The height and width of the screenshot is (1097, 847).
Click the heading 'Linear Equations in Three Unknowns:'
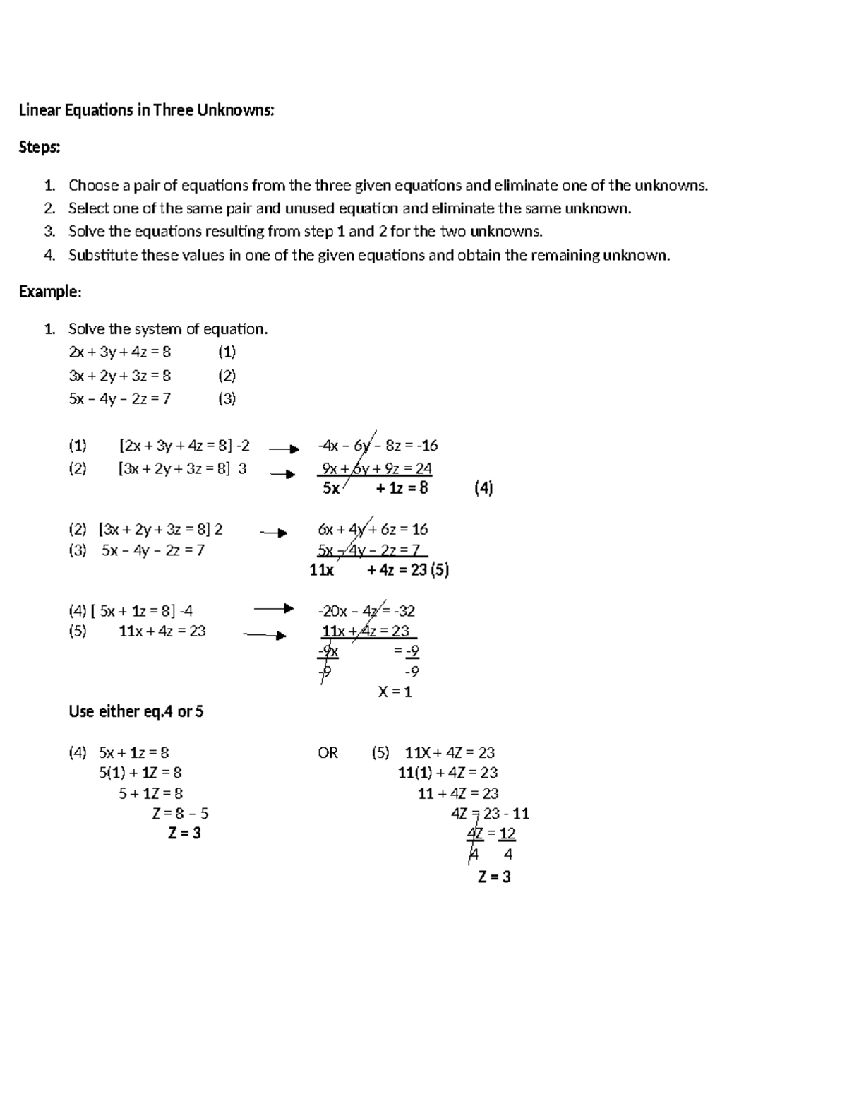[146, 110]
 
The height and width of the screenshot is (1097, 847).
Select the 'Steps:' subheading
[40, 148]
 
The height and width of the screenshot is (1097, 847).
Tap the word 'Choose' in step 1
[93, 186]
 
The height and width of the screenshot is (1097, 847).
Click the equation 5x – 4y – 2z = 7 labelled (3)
[119, 399]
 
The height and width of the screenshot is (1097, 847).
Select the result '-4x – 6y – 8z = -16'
[378, 446]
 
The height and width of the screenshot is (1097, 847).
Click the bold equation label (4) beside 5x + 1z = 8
[483, 488]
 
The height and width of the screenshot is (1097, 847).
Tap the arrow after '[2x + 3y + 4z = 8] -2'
[284, 449]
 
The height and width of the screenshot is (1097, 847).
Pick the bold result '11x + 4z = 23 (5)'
[379, 570]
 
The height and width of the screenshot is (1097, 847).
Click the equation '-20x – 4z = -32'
[366, 611]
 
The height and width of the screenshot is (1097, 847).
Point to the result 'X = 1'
[395, 692]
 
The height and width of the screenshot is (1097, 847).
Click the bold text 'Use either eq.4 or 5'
[136, 712]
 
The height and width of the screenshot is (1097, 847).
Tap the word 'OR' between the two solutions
[328, 753]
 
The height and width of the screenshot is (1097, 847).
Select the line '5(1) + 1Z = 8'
[140, 773]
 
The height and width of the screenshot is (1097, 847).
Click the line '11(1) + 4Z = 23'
[447, 773]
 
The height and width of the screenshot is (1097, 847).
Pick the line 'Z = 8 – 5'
[180, 814]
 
